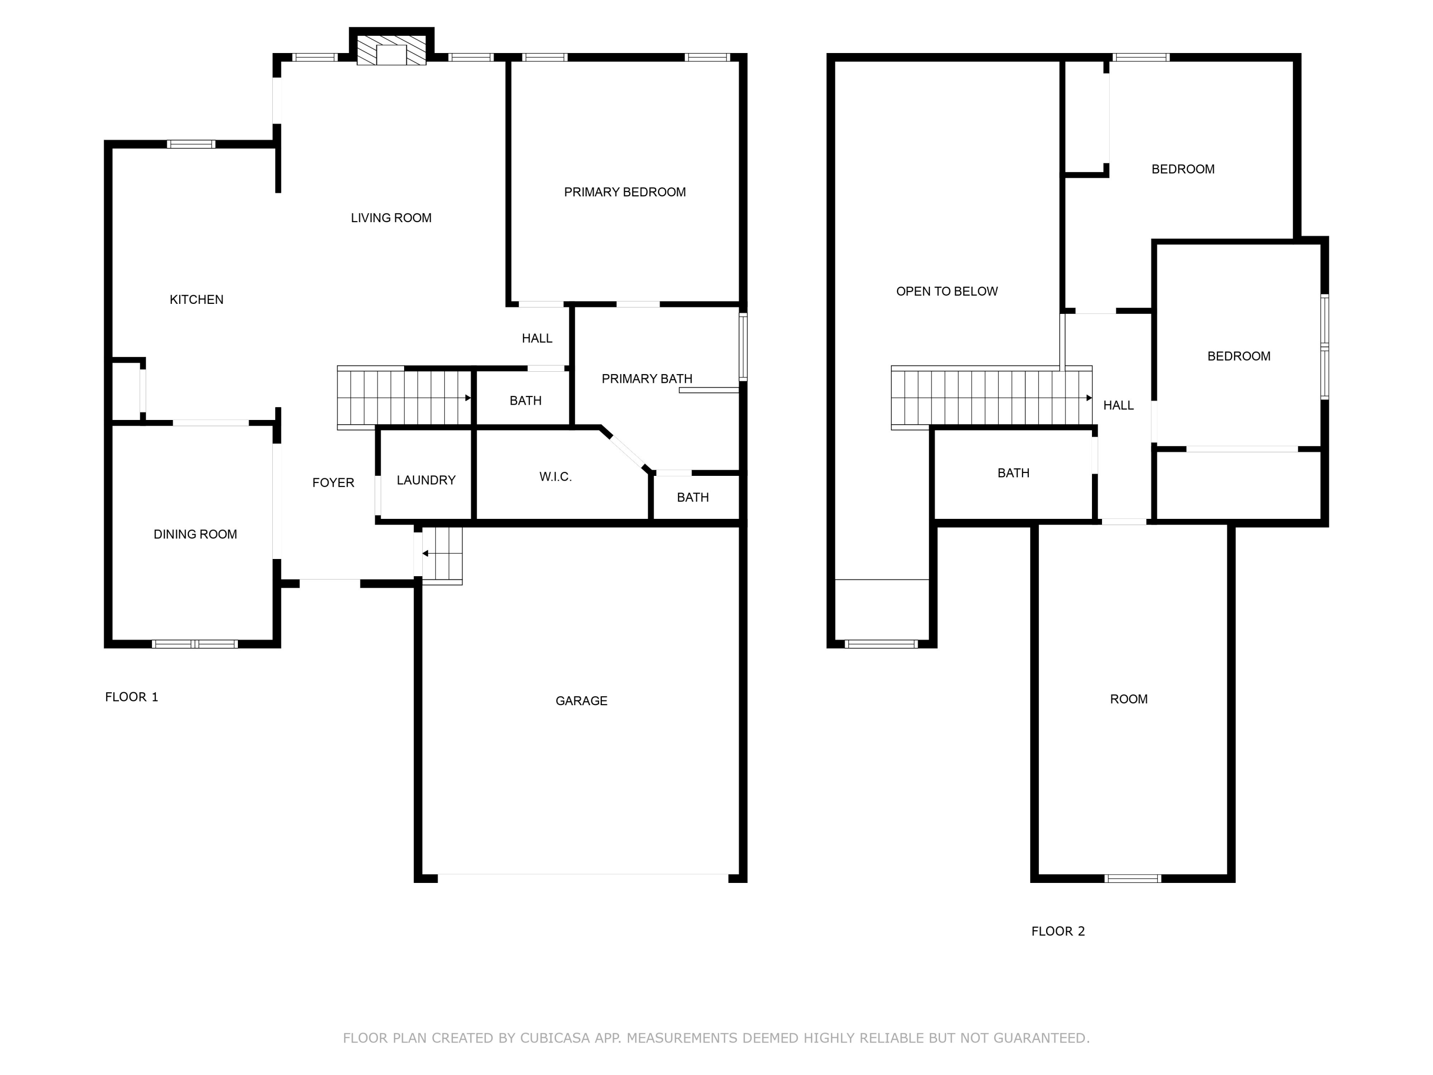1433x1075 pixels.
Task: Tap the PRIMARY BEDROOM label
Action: pyautogui.click(x=624, y=192)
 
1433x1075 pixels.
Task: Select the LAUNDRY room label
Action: pyautogui.click(x=426, y=480)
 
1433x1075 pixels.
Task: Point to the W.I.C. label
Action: pyautogui.click(x=555, y=477)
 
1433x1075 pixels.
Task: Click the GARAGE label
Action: pyautogui.click(x=581, y=700)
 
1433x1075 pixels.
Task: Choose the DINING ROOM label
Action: pyautogui.click(x=195, y=535)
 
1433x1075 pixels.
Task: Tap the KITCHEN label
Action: pyautogui.click(x=196, y=300)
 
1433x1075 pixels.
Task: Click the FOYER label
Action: pyautogui.click(x=333, y=483)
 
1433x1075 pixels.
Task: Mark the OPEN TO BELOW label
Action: pyautogui.click(x=946, y=291)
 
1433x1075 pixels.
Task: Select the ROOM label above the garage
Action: pyautogui.click(x=1129, y=699)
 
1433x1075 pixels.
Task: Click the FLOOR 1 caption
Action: pyautogui.click(x=131, y=697)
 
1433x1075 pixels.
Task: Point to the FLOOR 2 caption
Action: pyautogui.click(x=1058, y=931)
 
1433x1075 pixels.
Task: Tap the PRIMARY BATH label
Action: pyautogui.click(x=647, y=378)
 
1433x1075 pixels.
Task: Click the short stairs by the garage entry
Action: pyautogui.click(x=442, y=554)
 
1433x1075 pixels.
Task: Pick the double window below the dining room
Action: pyautogui.click(x=195, y=644)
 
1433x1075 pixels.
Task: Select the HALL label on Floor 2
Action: pyautogui.click(x=1118, y=406)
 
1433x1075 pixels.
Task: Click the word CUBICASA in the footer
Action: pyautogui.click(x=555, y=1038)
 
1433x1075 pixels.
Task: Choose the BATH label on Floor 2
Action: pyautogui.click(x=1013, y=473)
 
